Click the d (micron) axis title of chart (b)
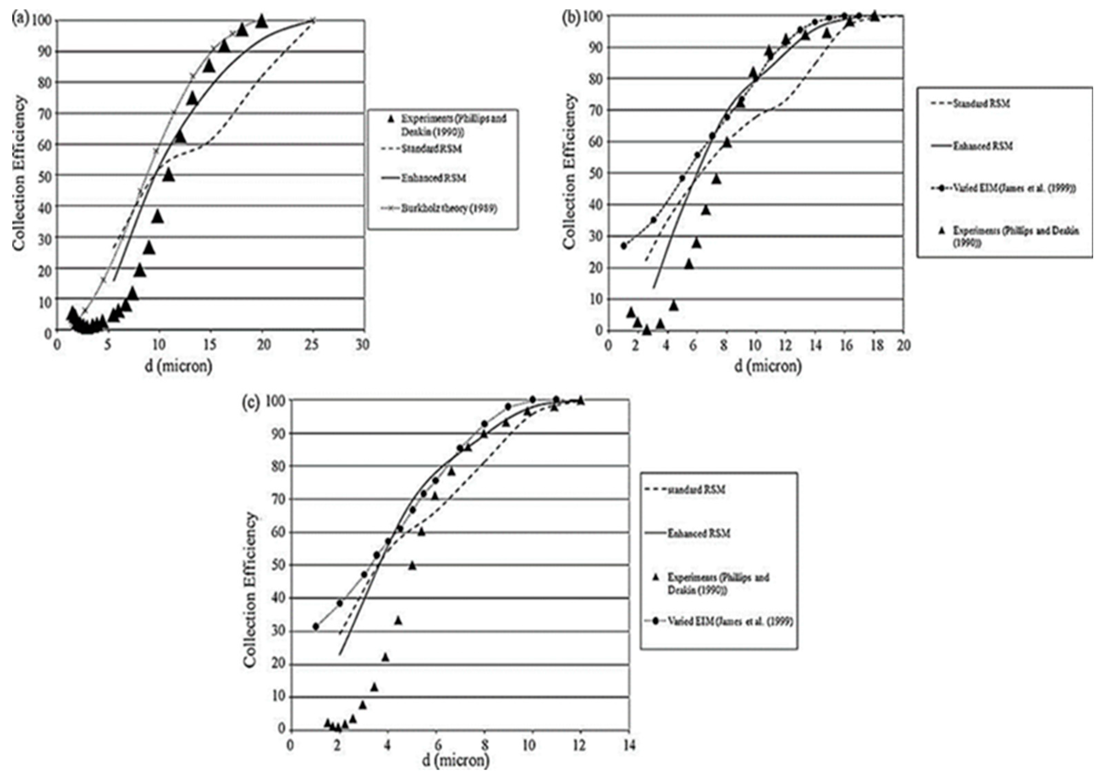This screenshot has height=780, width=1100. [x=768, y=366]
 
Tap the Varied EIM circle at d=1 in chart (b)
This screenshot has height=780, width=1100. [x=624, y=245]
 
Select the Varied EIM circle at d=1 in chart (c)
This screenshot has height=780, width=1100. [x=316, y=627]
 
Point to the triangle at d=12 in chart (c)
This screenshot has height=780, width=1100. [x=581, y=400]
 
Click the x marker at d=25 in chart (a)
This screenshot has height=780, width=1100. [x=312, y=20]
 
